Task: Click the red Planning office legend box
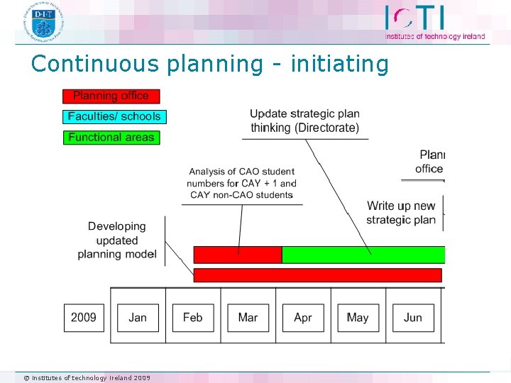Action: tap(111, 96)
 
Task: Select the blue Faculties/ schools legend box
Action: tap(114, 116)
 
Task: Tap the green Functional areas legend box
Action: tap(111, 137)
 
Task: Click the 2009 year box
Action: tap(84, 317)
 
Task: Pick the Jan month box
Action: tap(138, 317)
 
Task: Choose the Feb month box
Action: tap(193, 317)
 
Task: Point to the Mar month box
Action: tap(248, 317)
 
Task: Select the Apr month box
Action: tap(303, 317)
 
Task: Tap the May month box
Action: tap(358, 317)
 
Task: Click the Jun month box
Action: tap(412, 317)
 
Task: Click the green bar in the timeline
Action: tap(363, 255)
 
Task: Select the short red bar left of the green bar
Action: tap(237, 255)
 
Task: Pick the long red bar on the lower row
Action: tap(317, 275)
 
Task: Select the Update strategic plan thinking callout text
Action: tap(304, 121)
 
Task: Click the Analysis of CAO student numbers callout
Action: tap(241, 183)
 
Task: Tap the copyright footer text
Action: tap(87, 377)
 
